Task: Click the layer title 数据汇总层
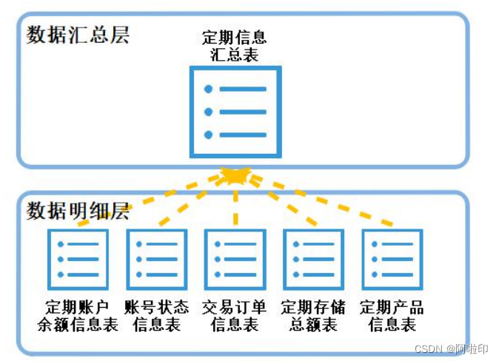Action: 78,35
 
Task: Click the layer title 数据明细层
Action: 78,211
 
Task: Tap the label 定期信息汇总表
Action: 235,45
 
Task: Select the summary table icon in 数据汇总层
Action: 235,112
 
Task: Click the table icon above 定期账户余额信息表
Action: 78,259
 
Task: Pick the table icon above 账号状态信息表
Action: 156,259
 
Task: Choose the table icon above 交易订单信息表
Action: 235,259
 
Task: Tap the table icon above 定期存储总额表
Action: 313,259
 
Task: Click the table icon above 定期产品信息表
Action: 392,259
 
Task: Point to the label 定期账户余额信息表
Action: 78,316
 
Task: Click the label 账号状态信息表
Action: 156,316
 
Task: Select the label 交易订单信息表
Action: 235,316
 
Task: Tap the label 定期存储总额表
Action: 313,316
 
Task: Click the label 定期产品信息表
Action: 392,316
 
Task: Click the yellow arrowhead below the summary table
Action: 235,176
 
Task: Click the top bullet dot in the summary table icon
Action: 209,89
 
